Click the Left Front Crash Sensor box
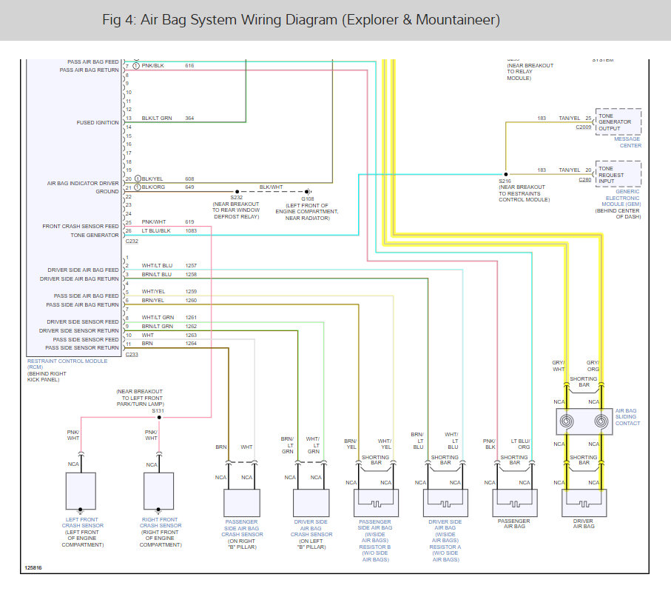81,490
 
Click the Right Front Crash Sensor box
158,490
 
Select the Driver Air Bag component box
584,503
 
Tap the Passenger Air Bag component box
514,503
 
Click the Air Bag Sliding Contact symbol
584,421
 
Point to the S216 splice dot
505,175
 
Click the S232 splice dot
237,190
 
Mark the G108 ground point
308,190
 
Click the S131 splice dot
158,417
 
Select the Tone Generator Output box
618,121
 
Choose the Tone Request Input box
618,174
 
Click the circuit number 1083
190,231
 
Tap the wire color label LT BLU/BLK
156,231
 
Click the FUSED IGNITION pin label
98,123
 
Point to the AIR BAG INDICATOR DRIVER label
83,183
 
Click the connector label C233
132,355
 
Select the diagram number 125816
33,568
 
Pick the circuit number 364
189,119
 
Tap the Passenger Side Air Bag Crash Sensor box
242,503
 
